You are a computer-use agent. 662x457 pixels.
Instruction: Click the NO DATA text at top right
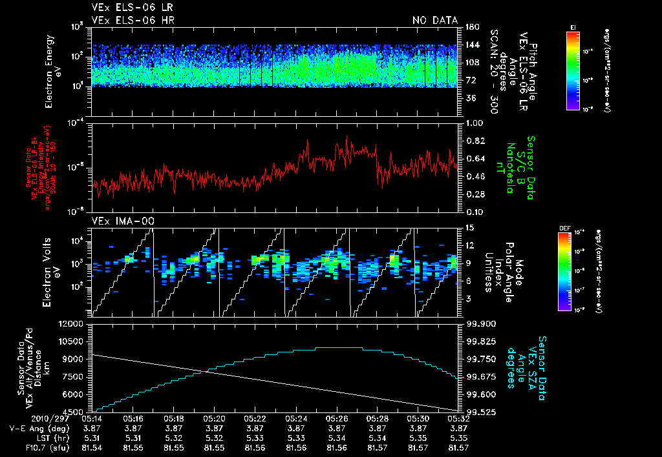(x=435, y=21)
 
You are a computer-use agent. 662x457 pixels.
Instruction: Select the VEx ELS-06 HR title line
(x=133, y=21)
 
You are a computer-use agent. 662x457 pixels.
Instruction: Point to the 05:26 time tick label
(x=337, y=418)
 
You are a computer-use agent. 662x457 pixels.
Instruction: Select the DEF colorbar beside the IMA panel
(x=564, y=271)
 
